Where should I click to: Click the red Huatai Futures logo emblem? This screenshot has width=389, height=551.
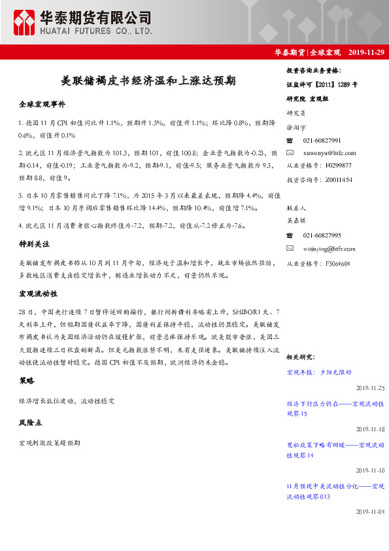tap(24, 24)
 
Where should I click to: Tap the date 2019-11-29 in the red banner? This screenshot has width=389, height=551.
tap(366, 52)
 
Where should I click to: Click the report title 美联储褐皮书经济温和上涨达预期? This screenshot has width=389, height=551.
tap(148, 81)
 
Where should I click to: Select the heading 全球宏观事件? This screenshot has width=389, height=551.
tap(42, 105)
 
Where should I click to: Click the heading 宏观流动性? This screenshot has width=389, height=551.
tap(38, 293)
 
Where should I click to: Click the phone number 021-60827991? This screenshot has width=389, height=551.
tap(322, 141)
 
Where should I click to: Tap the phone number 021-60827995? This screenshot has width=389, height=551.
tap(322, 236)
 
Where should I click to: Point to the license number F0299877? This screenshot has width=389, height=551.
tap(338, 166)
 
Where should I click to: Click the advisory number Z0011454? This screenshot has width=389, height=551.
tap(338, 179)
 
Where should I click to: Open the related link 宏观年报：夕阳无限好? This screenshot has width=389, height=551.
tap(319, 372)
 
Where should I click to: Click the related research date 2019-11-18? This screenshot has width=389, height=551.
tap(370, 429)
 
